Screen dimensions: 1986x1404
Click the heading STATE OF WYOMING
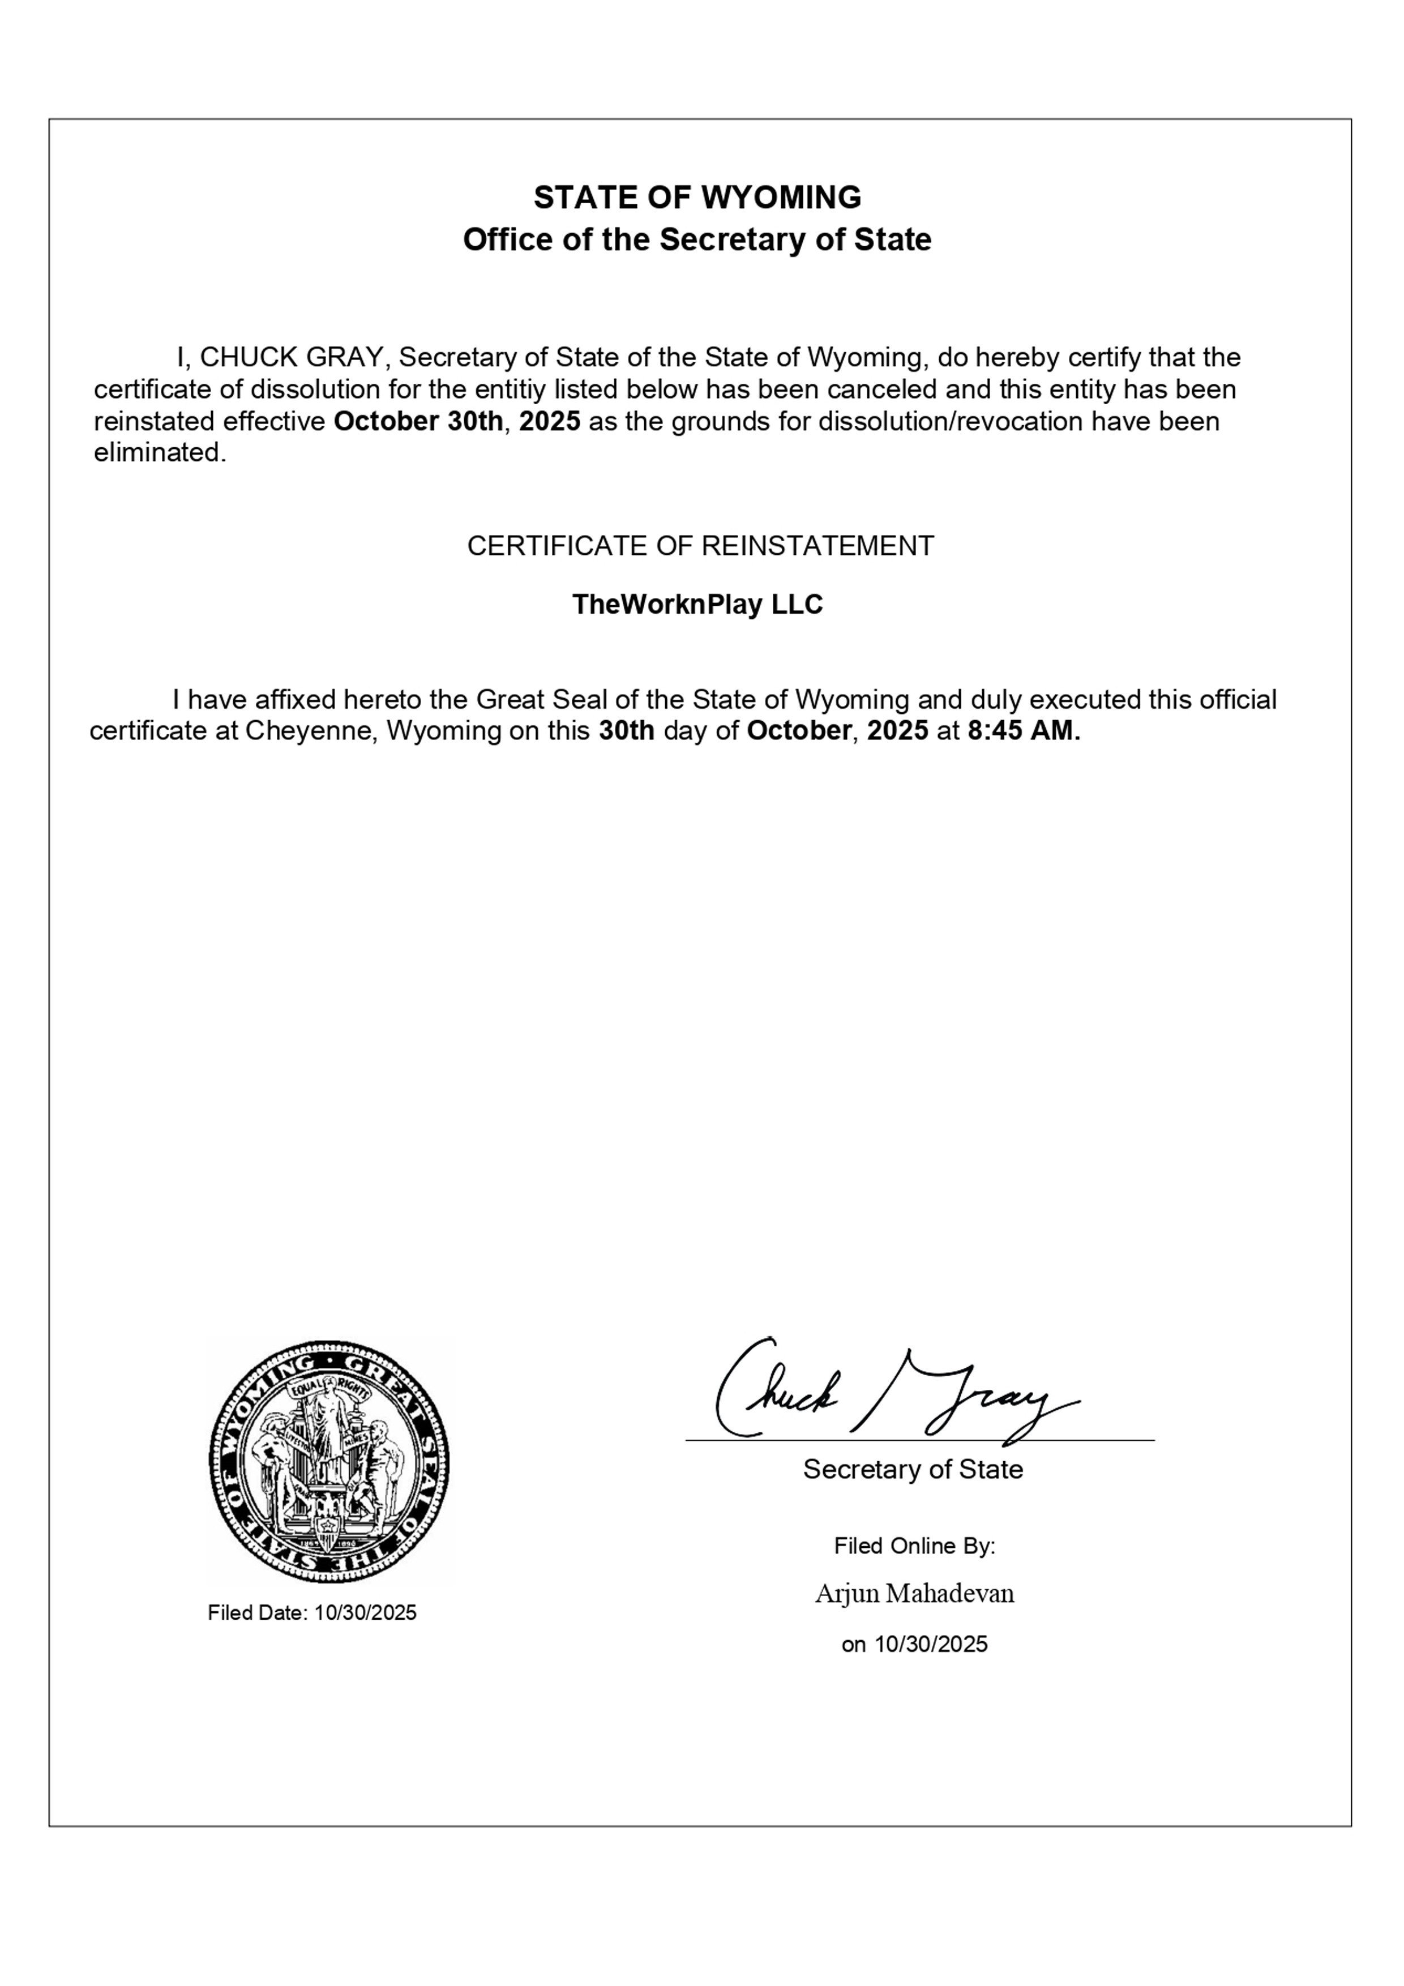(697, 198)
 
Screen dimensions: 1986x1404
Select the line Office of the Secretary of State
(697, 239)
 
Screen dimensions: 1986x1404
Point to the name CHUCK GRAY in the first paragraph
(292, 357)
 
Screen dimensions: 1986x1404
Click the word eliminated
(160, 452)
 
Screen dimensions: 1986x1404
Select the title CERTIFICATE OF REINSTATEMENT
(701, 546)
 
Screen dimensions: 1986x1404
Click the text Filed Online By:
(914, 1546)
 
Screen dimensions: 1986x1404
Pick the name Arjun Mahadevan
(914, 1593)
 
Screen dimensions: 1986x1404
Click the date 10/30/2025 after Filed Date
(365, 1612)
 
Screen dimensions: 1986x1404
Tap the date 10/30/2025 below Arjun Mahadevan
(931, 1644)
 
